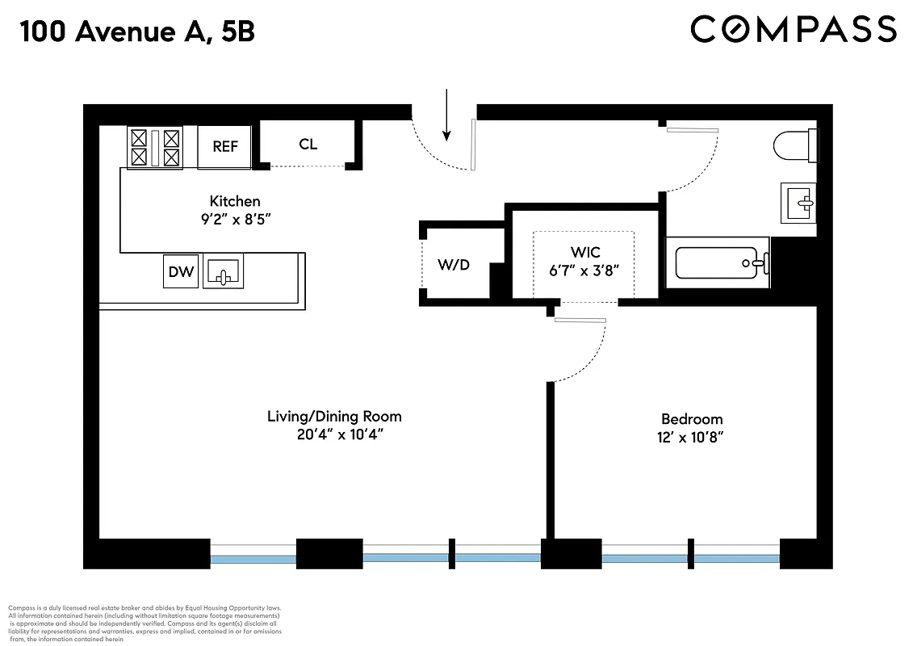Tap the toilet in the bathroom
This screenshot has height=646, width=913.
point(795,145)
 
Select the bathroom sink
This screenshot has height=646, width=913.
point(798,202)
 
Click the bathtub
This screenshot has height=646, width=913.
point(716,262)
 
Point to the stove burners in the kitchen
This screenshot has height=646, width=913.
point(154,148)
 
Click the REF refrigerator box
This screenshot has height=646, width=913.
point(225,146)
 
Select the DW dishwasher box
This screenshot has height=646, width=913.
point(181,271)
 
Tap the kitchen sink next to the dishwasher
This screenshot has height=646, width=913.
point(223,271)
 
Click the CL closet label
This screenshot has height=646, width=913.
point(308,145)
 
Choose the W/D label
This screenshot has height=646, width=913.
point(454,265)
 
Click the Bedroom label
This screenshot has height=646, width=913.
point(692,419)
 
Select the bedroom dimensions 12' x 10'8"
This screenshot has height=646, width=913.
point(692,438)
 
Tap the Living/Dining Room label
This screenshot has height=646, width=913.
point(334,417)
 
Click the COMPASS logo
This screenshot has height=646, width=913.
point(794,30)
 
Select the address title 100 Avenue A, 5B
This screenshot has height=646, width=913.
point(138,31)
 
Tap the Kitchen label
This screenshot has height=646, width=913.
point(235,201)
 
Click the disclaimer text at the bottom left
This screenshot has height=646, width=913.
point(145,623)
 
